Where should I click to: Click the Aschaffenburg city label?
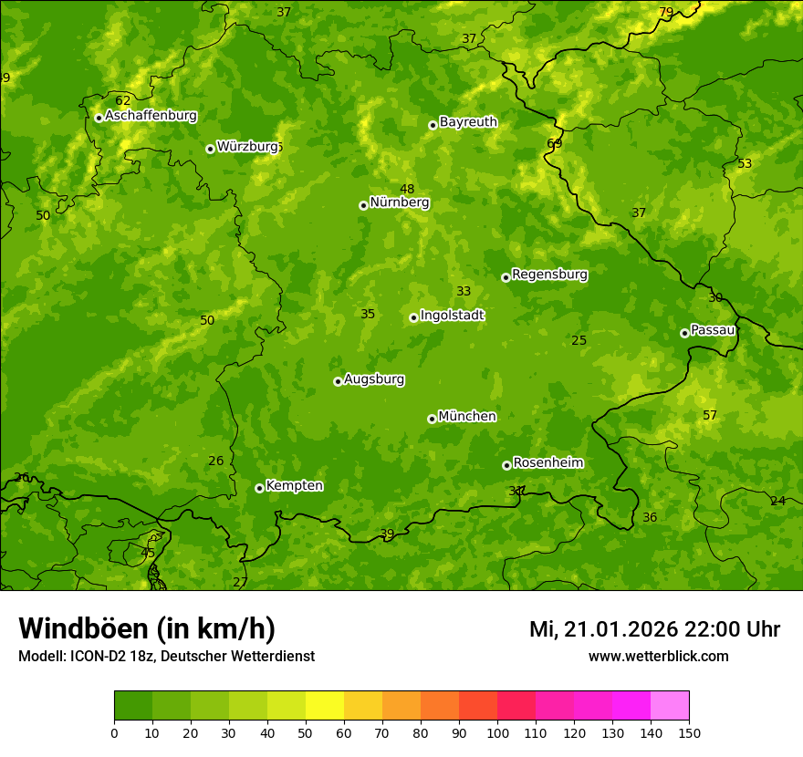(x=151, y=116)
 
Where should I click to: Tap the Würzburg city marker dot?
(x=210, y=149)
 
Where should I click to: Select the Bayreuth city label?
(x=468, y=122)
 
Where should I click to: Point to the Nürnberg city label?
(x=399, y=202)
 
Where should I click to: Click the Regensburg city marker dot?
(x=506, y=277)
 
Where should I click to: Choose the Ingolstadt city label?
(x=452, y=316)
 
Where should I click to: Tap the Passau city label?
(x=713, y=330)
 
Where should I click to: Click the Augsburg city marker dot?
(x=338, y=381)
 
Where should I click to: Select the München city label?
(x=467, y=417)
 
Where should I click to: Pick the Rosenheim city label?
(x=547, y=463)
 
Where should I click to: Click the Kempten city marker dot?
(x=259, y=488)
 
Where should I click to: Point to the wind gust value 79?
(x=666, y=13)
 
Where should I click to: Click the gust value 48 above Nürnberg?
(x=407, y=190)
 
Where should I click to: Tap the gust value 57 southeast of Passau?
(x=710, y=416)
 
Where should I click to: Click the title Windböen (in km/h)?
(x=147, y=628)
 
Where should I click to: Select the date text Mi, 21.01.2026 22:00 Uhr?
(x=654, y=629)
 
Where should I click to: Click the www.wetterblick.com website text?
(x=658, y=657)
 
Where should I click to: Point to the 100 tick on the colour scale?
(x=497, y=732)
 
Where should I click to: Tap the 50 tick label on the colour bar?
(x=306, y=732)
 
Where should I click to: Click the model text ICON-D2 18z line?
(x=166, y=657)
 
